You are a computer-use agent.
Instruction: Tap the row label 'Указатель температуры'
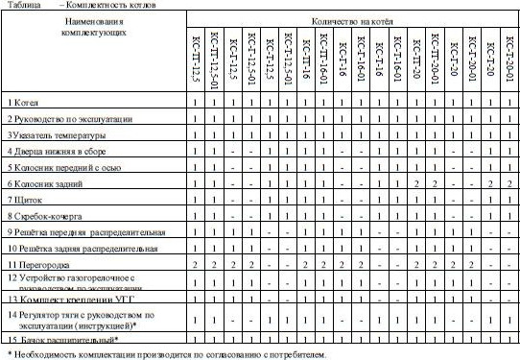(x=59, y=134)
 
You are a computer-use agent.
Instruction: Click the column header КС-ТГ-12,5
(x=196, y=57)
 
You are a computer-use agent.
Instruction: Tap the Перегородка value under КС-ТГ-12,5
(x=196, y=263)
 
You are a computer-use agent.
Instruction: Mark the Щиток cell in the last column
(x=508, y=199)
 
